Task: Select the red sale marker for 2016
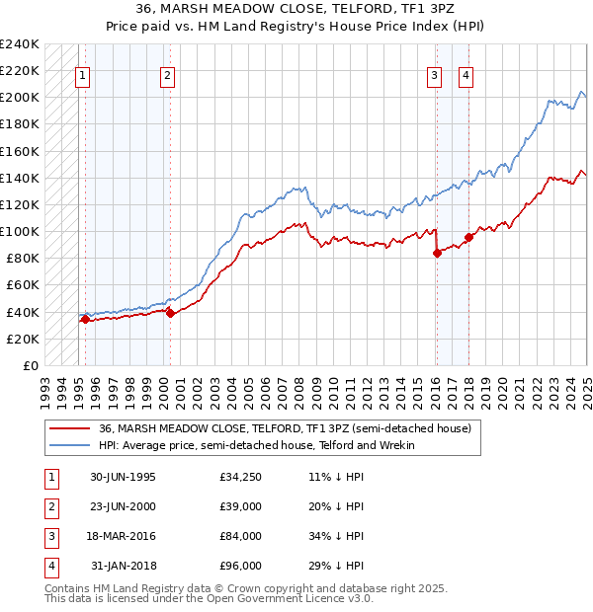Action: coord(437,253)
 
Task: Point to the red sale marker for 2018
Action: coord(468,236)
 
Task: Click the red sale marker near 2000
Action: coord(170,313)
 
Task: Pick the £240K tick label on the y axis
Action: coord(20,44)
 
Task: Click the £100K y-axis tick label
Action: coord(20,231)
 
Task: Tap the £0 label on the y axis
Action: coord(30,365)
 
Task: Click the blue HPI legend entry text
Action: coord(256,445)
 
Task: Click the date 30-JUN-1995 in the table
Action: coord(123,477)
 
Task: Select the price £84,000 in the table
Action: coord(241,536)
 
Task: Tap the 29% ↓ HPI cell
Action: coord(336,566)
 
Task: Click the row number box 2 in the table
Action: coord(48,506)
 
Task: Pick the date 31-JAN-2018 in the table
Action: coord(124,566)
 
